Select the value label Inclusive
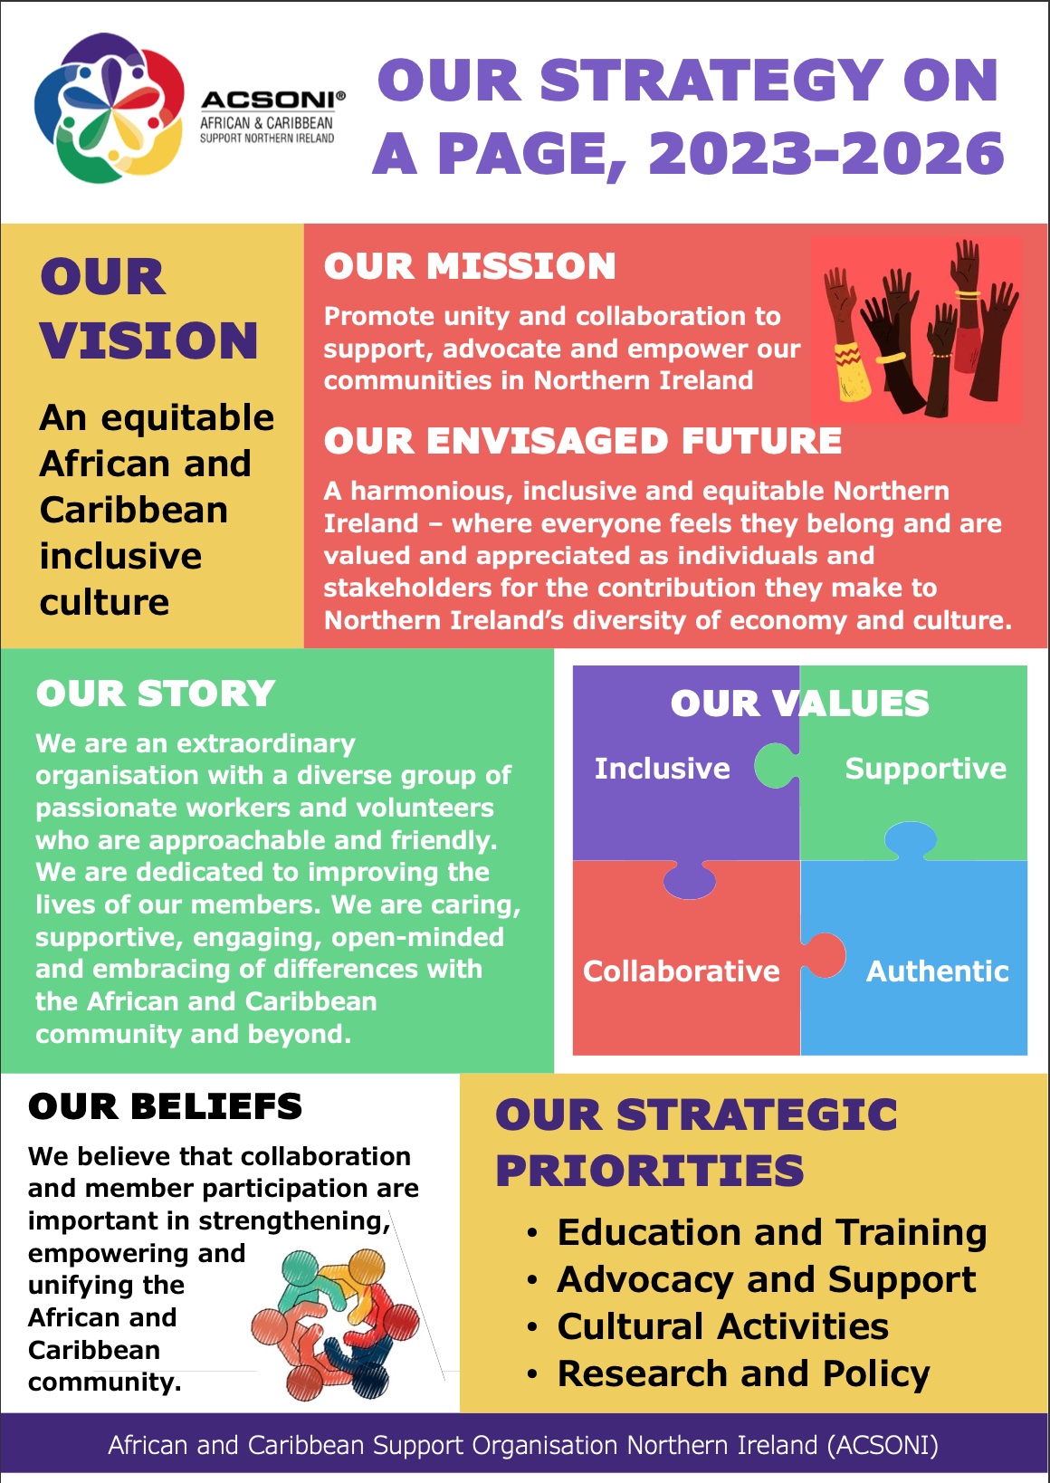662,769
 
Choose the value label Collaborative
682,971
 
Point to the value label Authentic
938,971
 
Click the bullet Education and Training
772,1232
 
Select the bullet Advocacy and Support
767,1279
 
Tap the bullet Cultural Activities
723,1326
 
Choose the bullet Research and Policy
743,1373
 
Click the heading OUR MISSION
470,266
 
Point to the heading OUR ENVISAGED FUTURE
583,441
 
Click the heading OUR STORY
156,694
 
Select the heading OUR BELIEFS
165,1106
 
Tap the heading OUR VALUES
800,703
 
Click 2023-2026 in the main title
826,153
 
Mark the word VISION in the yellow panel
148,340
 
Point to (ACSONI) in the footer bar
883,1444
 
